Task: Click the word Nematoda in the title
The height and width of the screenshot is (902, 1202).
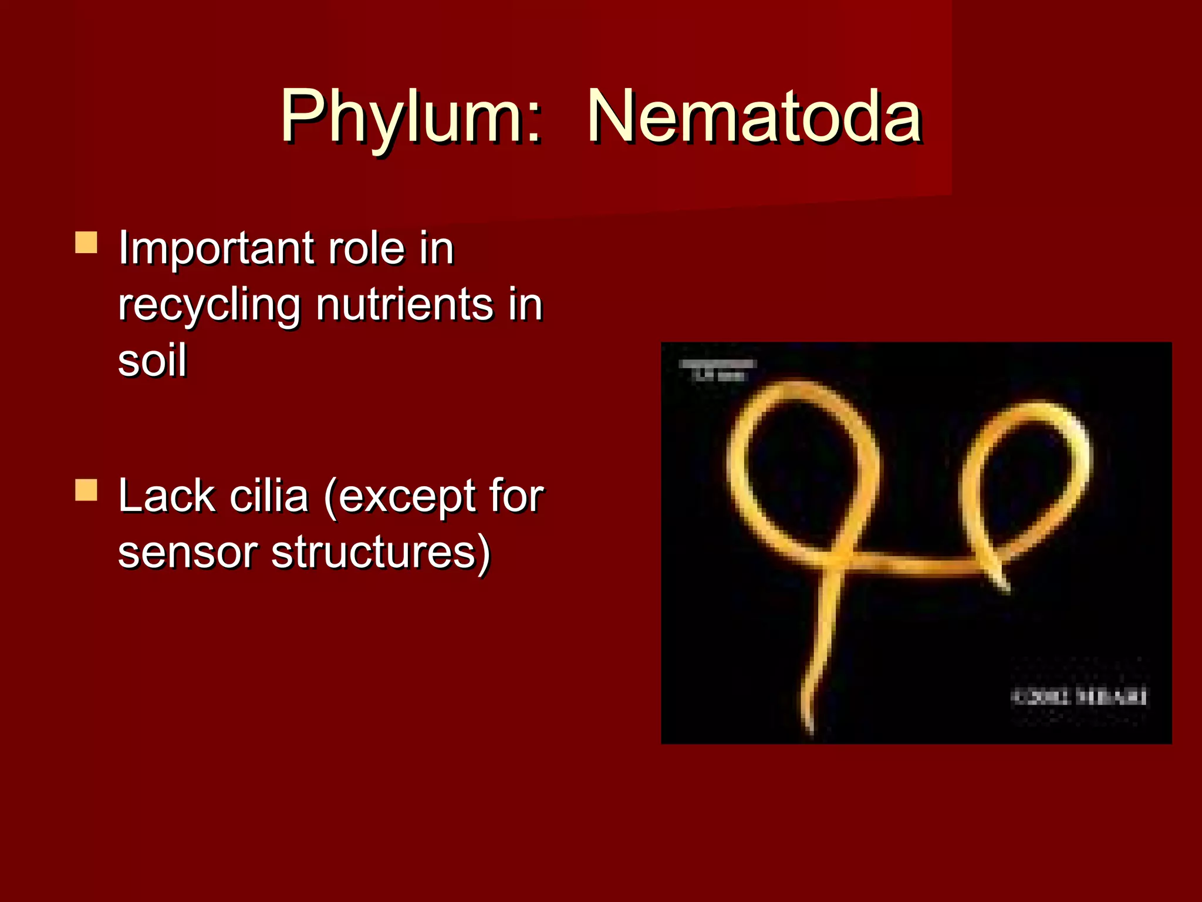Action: pyautogui.click(x=754, y=116)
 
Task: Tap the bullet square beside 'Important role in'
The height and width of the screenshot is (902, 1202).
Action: pyautogui.click(x=86, y=242)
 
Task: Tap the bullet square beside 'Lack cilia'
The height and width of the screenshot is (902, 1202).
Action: pyautogui.click(x=86, y=490)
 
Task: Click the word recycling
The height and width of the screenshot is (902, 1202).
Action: pyautogui.click(x=208, y=306)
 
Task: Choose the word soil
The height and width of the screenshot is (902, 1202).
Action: pyautogui.click(x=152, y=359)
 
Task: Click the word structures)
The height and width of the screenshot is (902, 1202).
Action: pyautogui.click(x=380, y=553)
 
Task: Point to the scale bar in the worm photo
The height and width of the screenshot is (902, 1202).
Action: pyautogui.click(x=717, y=365)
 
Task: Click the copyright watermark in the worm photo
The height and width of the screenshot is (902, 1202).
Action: pyautogui.click(x=1078, y=697)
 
